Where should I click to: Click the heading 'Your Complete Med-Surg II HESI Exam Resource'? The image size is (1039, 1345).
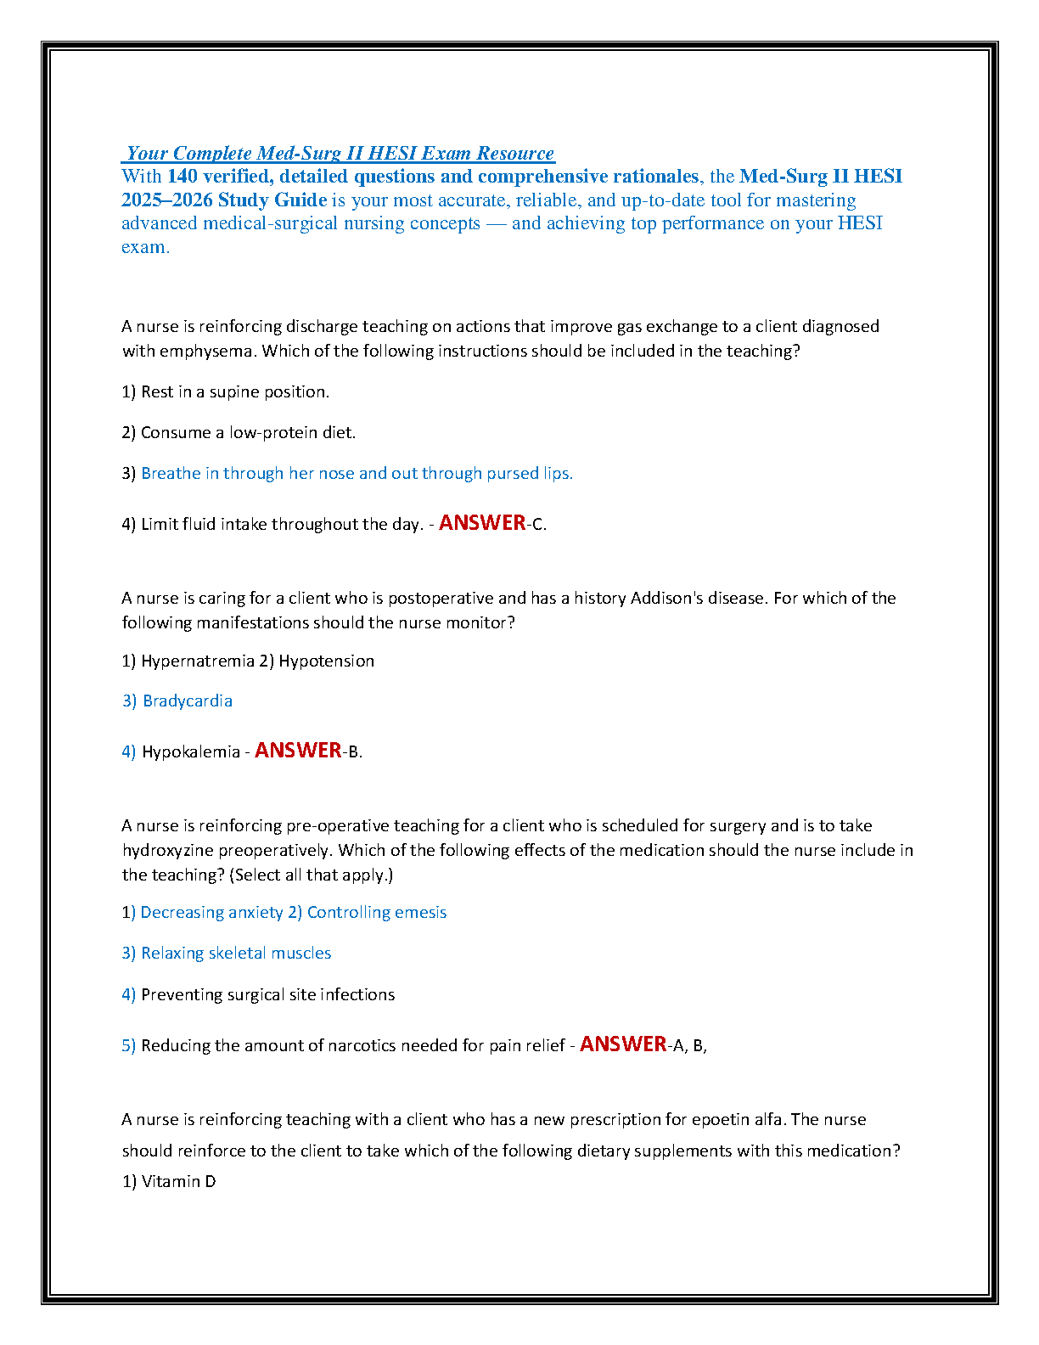(x=340, y=154)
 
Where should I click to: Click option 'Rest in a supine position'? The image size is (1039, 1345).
(x=234, y=391)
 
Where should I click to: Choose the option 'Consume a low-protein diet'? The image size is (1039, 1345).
(x=248, y=432)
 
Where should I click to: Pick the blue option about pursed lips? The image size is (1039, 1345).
(x=357, y=473)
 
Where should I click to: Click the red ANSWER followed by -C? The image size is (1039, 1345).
(x=482, y=522)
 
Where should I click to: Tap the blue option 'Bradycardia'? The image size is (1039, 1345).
(x=187, y=701)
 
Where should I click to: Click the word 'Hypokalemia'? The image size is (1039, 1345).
(x=191, y=751)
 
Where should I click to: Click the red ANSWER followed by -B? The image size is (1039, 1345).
(x=298, y=750)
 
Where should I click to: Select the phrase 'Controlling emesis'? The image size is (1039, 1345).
(x=376, y=912)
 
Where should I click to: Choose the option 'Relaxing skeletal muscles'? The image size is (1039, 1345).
(x=236, y=953)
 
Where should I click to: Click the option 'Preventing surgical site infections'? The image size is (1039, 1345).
(x=267, y=994)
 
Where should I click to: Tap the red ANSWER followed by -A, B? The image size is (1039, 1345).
(x=623, y=1044)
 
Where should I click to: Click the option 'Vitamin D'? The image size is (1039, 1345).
(x=178, y=1181)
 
